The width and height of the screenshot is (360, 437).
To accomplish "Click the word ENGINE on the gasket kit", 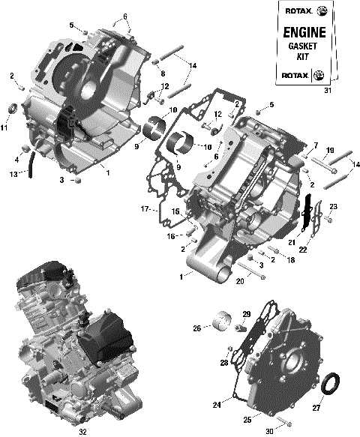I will tap(304, 33).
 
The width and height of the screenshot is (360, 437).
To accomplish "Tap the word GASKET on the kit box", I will tap(304, 46).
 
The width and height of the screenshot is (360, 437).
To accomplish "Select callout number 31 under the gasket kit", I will tap(327, 91).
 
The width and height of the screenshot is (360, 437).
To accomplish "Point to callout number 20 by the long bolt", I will tap(240, 281).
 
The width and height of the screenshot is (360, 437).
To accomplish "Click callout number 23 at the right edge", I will tap(334, 206).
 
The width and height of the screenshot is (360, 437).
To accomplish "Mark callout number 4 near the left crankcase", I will tap(16, 159).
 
